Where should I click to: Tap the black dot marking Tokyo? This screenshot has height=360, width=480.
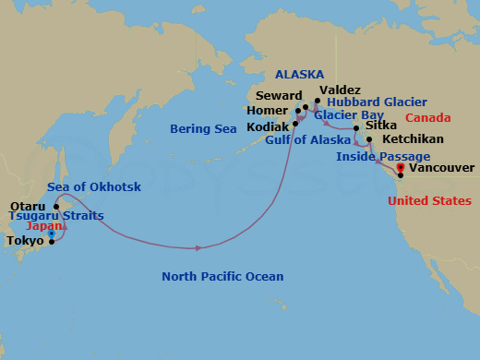tap(52, 241)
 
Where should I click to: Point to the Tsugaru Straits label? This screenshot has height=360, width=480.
tap(55, 216)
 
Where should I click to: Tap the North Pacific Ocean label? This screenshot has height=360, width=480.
tap(222, 276)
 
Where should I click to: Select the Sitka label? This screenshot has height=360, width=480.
tap(381, 124)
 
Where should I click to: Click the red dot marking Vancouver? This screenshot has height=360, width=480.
tap(400, 168)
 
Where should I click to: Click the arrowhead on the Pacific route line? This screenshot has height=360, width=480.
tap(198, 247)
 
